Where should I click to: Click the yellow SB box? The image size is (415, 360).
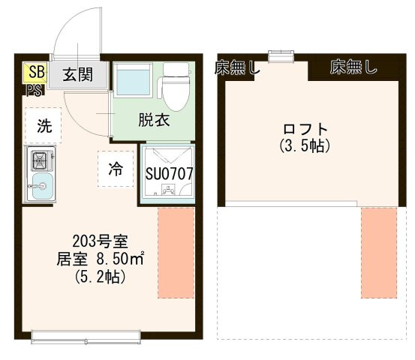[x=35, y=73]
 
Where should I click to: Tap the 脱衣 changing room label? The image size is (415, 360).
[x=152, y=119]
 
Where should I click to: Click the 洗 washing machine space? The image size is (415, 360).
[x=45, y=126]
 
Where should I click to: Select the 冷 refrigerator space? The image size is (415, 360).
[x=115, y=169]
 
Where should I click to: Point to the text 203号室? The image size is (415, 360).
[x=100, y=241]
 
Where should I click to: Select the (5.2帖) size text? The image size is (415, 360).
[x=100, y=277]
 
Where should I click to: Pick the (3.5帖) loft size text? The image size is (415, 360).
[x=304, y=145]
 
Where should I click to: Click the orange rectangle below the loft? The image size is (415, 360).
[x=378, y=253]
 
